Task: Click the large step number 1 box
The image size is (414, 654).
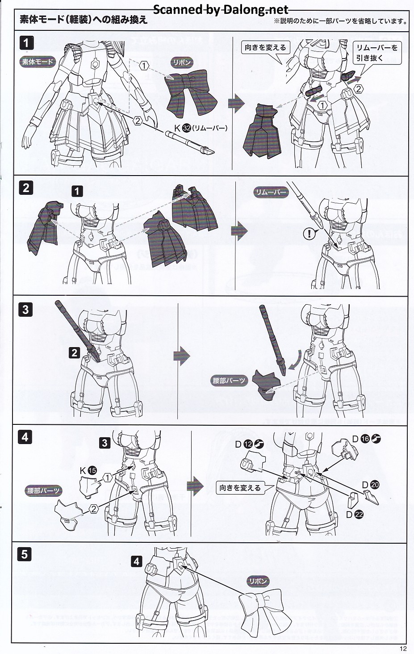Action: (26, 43)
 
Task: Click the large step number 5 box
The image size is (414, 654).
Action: (25, 554)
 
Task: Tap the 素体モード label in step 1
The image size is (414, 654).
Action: (38, 62)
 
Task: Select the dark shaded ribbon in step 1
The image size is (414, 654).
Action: (191, 93)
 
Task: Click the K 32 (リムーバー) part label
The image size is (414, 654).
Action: (201, 128)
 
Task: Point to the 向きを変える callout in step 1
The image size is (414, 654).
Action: (265, 47)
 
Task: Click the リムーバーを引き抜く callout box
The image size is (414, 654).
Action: (377, 53)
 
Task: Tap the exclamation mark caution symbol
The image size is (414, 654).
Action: (309, 234)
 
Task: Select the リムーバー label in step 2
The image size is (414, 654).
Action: (271, 192)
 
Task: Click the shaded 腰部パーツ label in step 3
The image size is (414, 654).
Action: (229, 381)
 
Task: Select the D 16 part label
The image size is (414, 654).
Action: (366, 439)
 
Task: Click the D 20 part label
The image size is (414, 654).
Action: (371, 485)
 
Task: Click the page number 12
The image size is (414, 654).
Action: (403, 649)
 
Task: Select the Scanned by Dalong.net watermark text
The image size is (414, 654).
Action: (221, 10)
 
